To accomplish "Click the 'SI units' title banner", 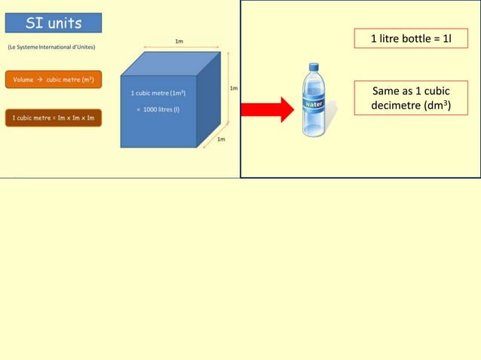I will tap(54, 23).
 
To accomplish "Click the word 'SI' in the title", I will tap(35, 23).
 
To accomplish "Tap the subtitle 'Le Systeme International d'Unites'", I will tap(51, 47).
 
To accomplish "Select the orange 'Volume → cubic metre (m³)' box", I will tap(54, 80).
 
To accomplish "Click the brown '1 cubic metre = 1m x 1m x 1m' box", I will tap(54, 118).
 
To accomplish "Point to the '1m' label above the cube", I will tap(178, 41).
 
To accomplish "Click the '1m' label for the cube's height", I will tap(234, 88).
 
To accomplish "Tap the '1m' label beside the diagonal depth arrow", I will tap(221, 139).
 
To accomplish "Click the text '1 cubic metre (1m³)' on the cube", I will tap(158, 93).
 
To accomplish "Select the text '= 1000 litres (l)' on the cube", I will tap(158, 108).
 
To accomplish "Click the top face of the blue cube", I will tap(172, 63).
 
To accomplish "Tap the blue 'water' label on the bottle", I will tap(314, 102).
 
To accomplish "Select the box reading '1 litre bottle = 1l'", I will tap(411, 38).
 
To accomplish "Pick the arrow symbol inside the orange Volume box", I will tap(40, 80).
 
